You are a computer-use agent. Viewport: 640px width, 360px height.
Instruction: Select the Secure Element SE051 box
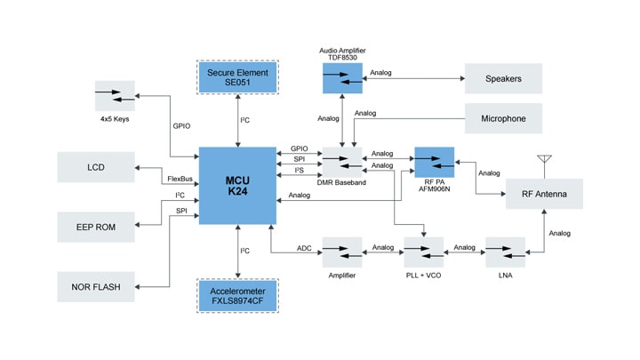click(238, 76)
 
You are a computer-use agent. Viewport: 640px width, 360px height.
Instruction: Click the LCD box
click(96, 167)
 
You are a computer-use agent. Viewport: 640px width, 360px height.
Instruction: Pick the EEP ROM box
click(96, 226)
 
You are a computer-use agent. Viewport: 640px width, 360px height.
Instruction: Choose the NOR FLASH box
click(96, 286)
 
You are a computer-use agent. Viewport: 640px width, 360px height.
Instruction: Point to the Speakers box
click(503, 78)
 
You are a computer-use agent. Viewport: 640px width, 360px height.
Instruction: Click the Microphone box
click(503, 118)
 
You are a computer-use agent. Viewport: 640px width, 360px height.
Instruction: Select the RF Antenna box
click(545, 193)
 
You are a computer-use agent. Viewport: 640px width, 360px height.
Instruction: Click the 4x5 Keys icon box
click(116, 95)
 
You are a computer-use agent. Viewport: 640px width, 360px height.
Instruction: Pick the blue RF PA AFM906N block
click(434, 162)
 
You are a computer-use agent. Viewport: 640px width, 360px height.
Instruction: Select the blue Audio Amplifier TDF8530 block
click(342, 79)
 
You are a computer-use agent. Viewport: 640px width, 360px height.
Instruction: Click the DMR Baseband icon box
click(342, 162)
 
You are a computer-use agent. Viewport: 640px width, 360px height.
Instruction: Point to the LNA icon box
click(504, 252)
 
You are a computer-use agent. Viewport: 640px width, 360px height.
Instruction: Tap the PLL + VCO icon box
click(422, 252)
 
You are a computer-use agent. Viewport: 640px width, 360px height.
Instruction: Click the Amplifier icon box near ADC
click(342, 252)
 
